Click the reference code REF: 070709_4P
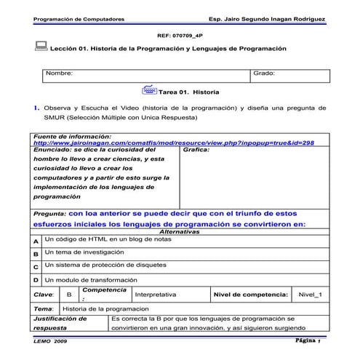(x=180, y=34)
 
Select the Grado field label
(x=263, y=73)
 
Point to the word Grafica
(x=197, y=150)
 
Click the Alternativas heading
(x=180, y=231)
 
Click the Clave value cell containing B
(x=68, y=295)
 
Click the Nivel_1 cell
(x=315, y=295)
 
